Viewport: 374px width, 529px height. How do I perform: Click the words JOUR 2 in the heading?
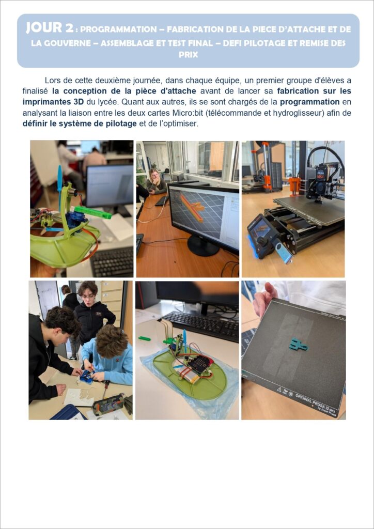(50, 28)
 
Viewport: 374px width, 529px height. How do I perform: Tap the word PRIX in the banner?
(188, 55)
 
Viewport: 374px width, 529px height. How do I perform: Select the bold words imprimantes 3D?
(53, 102)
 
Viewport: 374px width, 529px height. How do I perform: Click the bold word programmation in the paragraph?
(309, 102)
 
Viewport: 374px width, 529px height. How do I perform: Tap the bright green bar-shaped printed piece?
(93, 212)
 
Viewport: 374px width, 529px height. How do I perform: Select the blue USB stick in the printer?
(283, 251)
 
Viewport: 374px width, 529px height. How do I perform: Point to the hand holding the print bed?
(264, 299)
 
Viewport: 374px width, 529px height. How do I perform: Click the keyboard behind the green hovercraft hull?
(201, 325)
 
